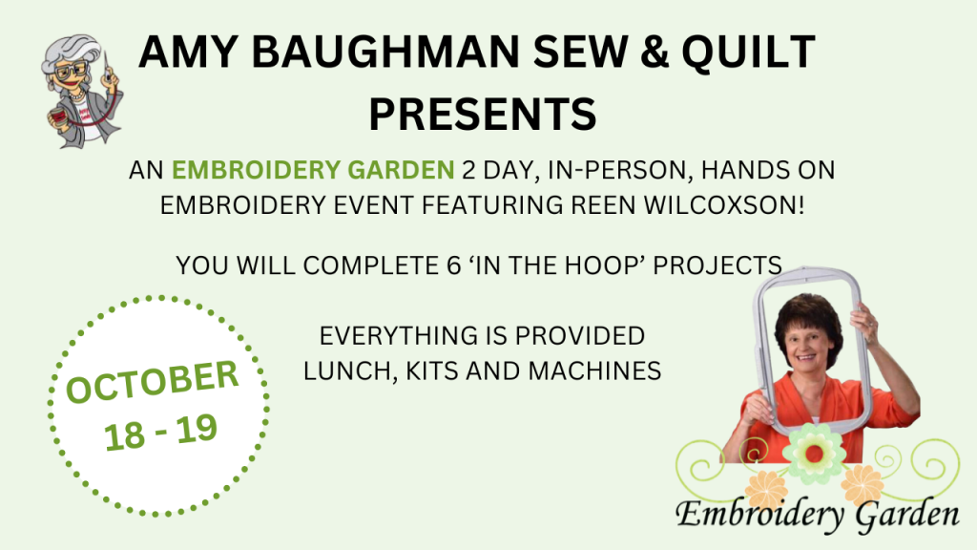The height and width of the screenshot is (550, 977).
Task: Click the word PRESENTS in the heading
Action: [x=483, y=114]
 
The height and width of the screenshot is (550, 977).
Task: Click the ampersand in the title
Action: [x=654, y=52]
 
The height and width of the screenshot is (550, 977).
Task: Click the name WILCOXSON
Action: [x=723, y=205]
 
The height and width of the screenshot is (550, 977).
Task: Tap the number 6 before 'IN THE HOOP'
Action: [x=453, y=265]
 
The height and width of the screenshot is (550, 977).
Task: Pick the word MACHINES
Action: [x=594, y=371]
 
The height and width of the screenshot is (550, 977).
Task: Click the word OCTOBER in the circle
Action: [x=152, y=382]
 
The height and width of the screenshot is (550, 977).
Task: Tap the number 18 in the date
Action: [x=125, y=435]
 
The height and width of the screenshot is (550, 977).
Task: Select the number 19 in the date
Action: [x=197, y=429]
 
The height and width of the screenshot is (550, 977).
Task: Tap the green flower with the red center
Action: [x=813, y=454]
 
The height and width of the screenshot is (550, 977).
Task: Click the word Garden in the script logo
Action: [x=907, y=515]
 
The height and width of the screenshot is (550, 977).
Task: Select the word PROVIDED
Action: [x=579, y=336]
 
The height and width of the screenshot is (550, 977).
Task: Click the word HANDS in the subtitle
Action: [x=745, y=170]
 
